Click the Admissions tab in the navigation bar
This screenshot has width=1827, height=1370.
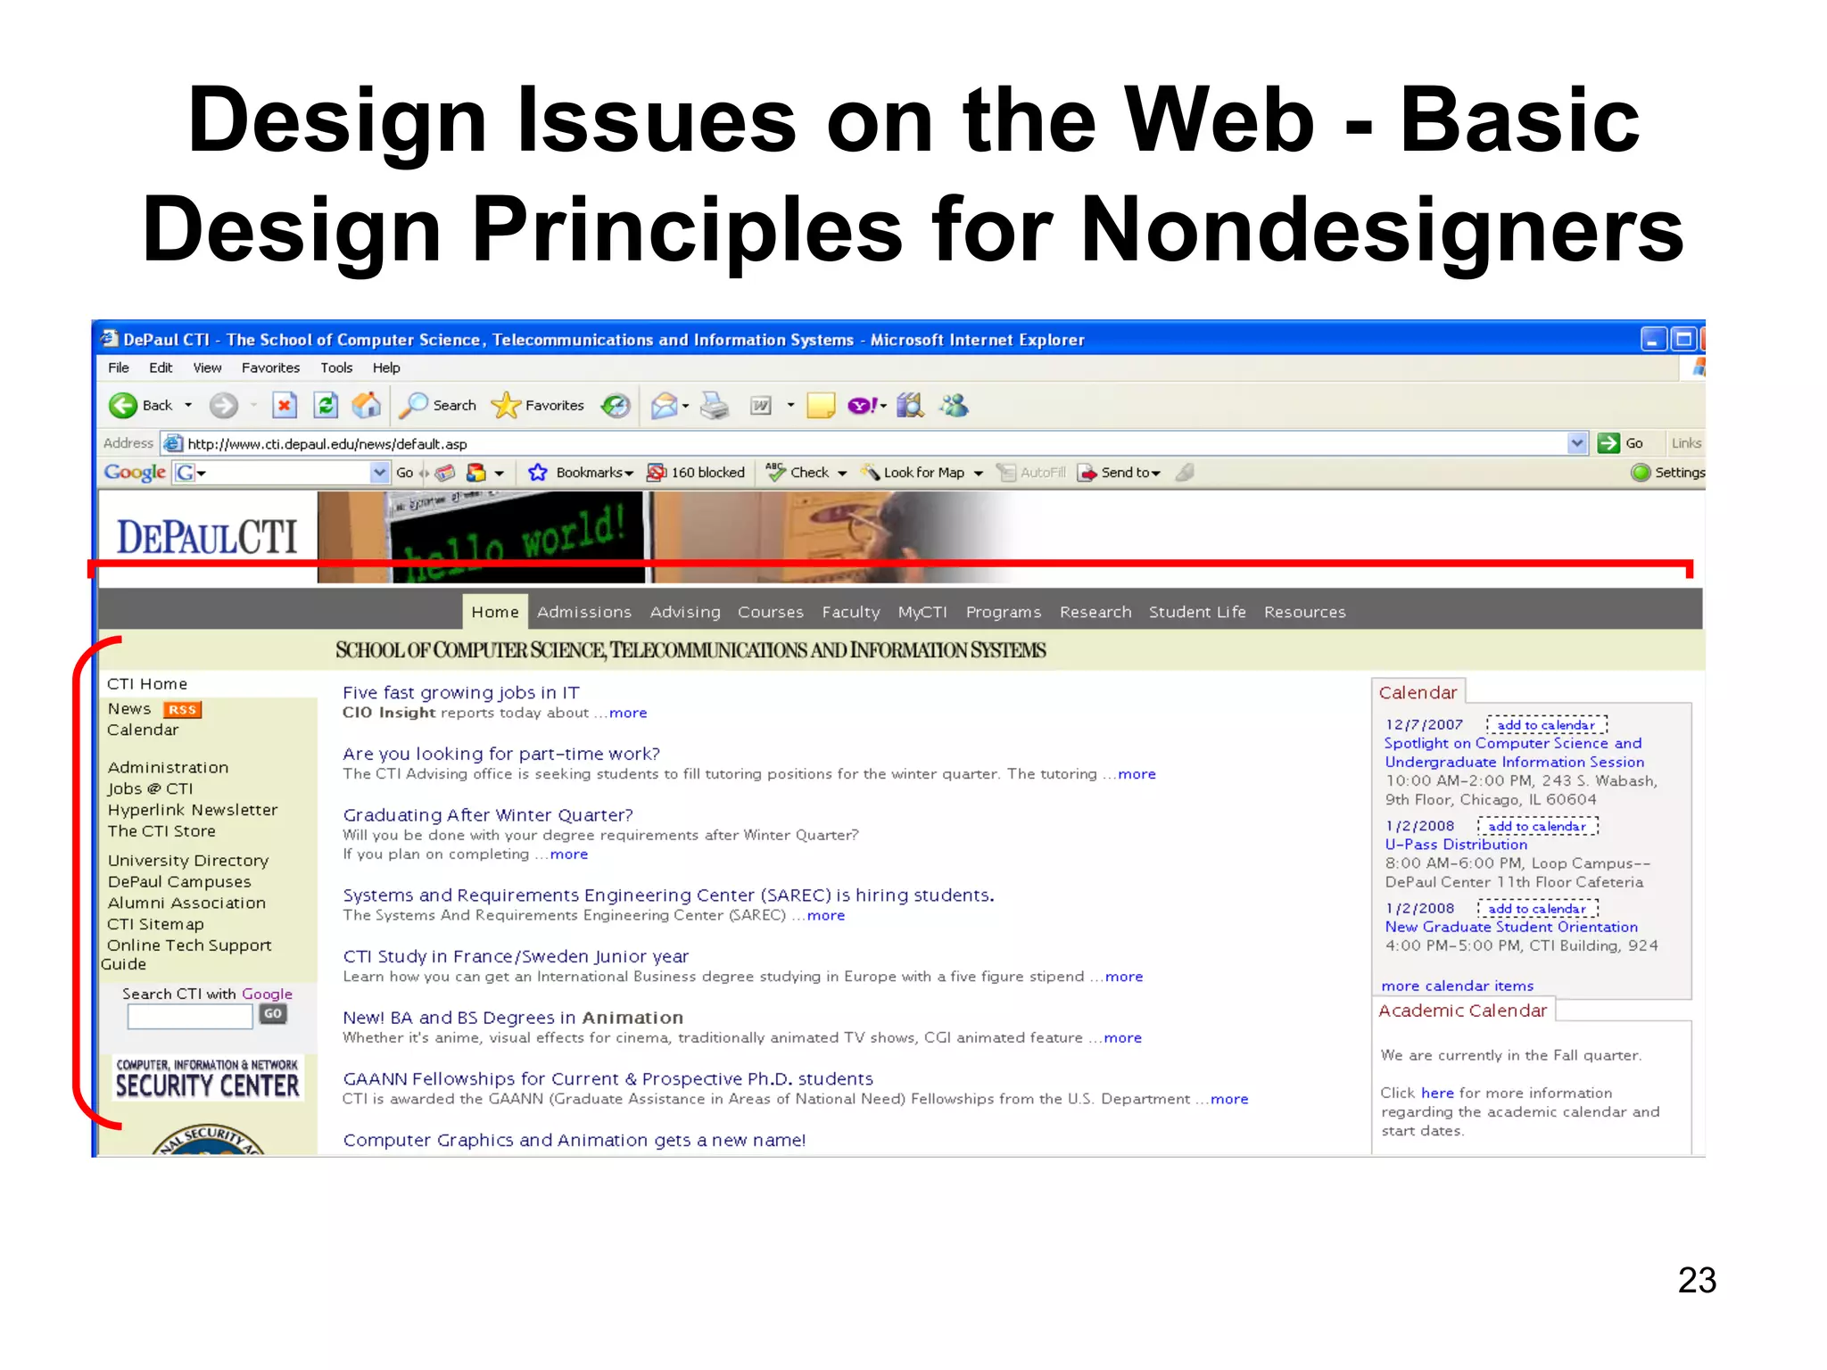583,612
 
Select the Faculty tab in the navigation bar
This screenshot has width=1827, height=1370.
850,612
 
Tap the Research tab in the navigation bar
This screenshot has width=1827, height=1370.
1095,612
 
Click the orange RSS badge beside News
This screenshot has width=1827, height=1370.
182,710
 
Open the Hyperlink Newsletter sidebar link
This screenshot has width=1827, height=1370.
193,810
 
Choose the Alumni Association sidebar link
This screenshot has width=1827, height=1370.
186,903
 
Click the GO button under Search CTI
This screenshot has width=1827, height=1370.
273,1014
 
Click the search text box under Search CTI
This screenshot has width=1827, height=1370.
190,1017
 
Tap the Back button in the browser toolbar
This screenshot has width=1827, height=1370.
143,406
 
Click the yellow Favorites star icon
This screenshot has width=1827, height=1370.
506,406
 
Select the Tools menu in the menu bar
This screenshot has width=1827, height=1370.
336,367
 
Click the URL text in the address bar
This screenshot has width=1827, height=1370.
327,444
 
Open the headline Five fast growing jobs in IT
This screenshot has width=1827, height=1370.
461,692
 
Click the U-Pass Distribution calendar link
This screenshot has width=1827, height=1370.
1456,845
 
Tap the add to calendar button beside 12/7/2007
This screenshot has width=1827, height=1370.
1546,725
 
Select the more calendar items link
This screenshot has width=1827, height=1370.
1457,986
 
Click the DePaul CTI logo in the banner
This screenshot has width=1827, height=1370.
207,537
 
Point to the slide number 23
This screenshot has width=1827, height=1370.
1697,1281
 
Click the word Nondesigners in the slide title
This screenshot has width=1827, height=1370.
1382,230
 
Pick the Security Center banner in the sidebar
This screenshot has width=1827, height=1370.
208,1078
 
